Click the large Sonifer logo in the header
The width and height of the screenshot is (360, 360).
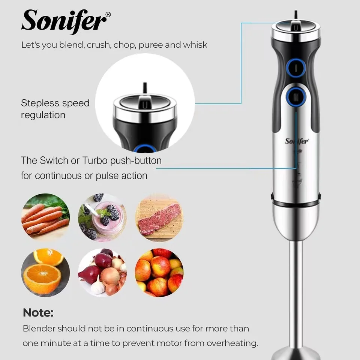click(64, 21)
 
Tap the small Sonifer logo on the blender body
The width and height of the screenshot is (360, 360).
click(297, 141)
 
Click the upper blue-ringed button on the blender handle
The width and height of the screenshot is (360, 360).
click(295, 67)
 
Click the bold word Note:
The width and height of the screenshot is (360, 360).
click(38, 312)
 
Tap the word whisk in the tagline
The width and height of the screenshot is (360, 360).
click(195, 45)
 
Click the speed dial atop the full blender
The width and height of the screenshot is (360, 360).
click(295, 28)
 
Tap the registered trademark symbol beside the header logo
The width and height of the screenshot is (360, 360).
click(108, 15)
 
